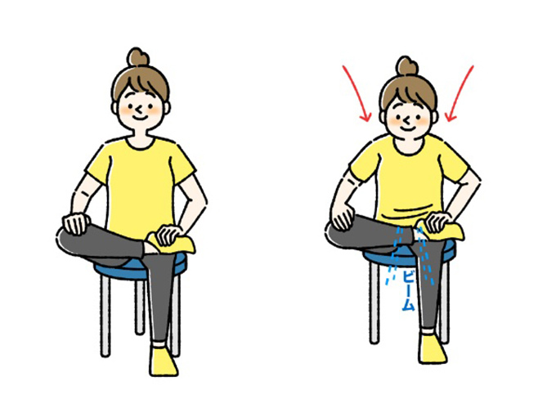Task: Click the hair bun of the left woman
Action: (x=138, y=57)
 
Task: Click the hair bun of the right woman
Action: (x=407, y=66)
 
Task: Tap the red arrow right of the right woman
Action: (x=459, y=94)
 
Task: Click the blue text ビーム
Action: (x=408, y=290)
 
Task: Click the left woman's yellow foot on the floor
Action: (x=163, y=361)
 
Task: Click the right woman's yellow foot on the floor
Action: (x=432, y=348)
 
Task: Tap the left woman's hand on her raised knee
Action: (x=76, y=224)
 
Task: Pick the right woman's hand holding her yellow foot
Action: (x=438, y=222)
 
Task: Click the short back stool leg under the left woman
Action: (x=140, y=307)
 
